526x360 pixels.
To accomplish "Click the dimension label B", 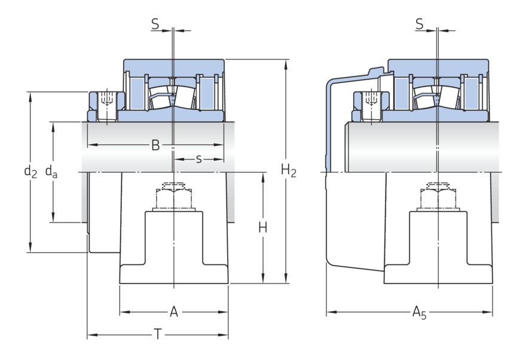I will (155, 145).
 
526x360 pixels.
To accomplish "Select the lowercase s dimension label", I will (198, 159).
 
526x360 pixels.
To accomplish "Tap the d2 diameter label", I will (30, 172).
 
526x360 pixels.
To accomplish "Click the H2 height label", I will (289, 172).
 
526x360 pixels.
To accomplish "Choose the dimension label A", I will (174, 312).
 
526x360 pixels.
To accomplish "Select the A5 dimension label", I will (420, 312).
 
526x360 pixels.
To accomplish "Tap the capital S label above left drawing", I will (155, 25).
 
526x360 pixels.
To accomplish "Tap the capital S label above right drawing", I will (419, 25).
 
